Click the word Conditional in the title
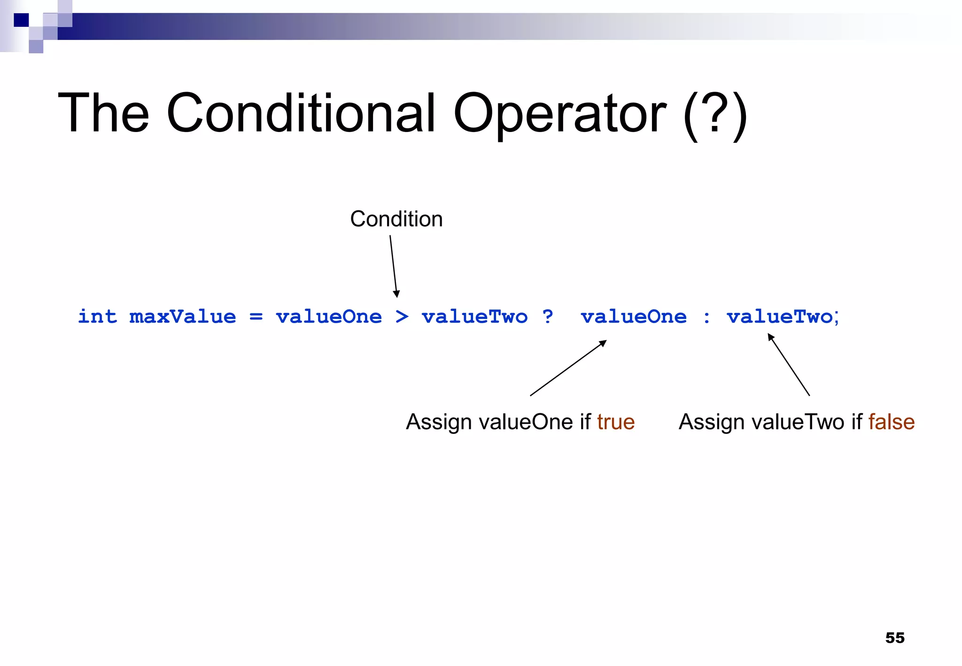pyautogui.click(x=301, y=114)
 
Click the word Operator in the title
pyautogui.click(x=559, y=114)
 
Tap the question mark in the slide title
pyautogui.click(x=714, y=115)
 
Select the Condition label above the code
pyautogui.click(x=396, y=219)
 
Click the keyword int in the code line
pyautogui.click(x=97, y=317)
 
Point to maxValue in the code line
pyautogui.click(x=182, y=317)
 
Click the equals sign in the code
pyautogui.click(x=256, y=317)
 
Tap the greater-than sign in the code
pyautogui.click(x=402, y=317)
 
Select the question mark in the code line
pyautogui.click(x=547, y=317)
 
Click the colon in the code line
pyautogui.click(x=706, y=318)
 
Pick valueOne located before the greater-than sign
pyautogui.click(x=329, y=317)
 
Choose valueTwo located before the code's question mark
pyautogui.click(x=475, y=317)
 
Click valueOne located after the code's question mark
pyautogui.click(x=634, y=317)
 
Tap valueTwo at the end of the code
pyautogui.click(x=780, y=317)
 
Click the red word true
pyautogui.click(x=616, y=421)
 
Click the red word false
pyautogui.click(x=891, y=421)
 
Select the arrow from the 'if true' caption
pyautogui.click(x=568, y=368)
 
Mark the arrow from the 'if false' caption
pyautogui.click(x=789, y=364)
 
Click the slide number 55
pyautogui.click(x=894, y=638)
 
